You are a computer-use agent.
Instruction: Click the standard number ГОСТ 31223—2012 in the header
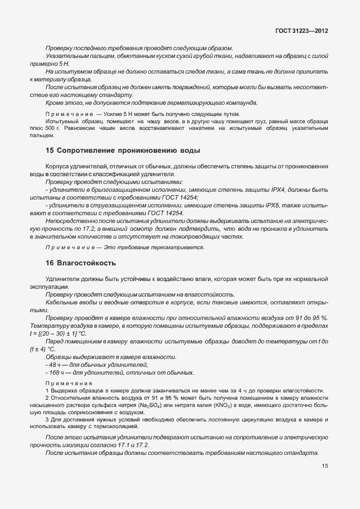click(301, 31)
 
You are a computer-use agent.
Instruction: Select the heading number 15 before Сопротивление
click(50, 151)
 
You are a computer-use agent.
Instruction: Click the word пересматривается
click(212, 247)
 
